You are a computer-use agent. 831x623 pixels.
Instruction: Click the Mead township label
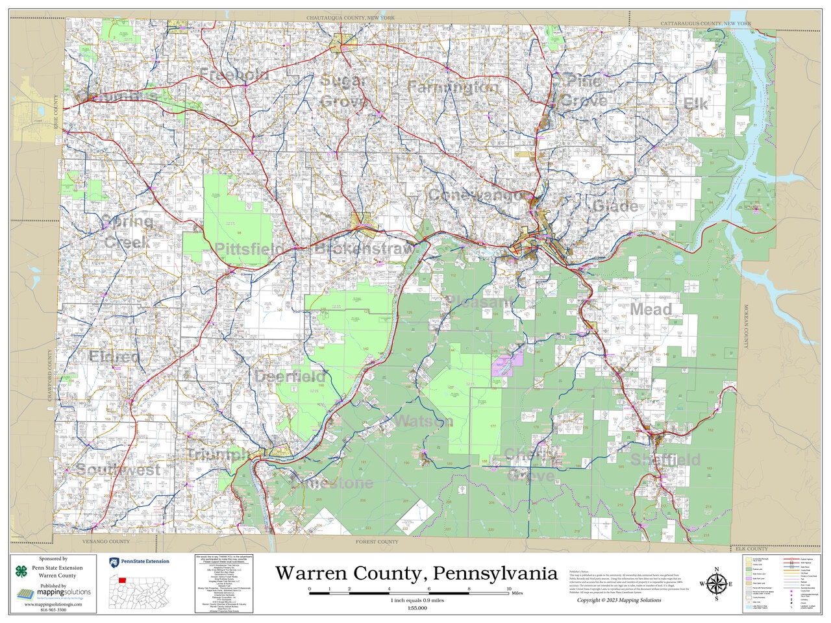(651, 310)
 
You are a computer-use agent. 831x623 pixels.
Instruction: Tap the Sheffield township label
(665, 460)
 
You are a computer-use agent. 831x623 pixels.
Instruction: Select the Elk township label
(695, 104)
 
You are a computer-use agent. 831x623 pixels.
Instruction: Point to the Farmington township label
(453, 87)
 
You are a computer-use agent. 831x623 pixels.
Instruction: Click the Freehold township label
(234, 75)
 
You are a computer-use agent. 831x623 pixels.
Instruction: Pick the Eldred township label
(114, 357)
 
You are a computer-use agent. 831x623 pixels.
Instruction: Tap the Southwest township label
(118, 469)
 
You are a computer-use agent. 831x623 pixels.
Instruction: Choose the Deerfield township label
(290, 376)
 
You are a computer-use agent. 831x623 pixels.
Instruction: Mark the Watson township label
(423, 421)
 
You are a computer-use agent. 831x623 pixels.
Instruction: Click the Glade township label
(615, 207)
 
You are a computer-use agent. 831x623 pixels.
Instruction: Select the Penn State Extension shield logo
(113, 561)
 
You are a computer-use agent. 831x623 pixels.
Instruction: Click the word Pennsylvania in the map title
(495, 574)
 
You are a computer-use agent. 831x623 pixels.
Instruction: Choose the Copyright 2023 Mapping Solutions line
(619, 600)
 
